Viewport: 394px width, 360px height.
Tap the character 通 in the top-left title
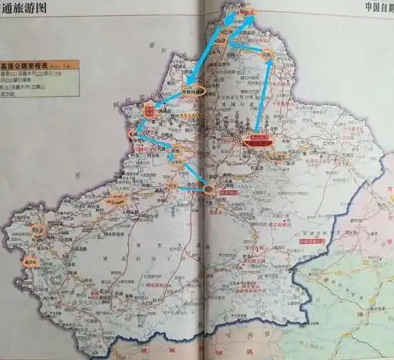click(7, 9)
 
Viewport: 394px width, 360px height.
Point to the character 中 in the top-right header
click(369, 8)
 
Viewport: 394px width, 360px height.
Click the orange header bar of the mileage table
click(40, 65)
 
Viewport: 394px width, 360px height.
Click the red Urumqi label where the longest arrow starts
click(259, 140)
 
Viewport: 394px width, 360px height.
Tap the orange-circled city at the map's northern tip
click(247, 12)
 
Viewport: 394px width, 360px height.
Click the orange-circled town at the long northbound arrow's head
click(267, 55)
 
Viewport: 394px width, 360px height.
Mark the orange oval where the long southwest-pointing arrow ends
click(194, 91)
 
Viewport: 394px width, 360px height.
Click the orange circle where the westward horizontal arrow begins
click(209, 190)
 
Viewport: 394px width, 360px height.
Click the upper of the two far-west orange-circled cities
click(38, 230)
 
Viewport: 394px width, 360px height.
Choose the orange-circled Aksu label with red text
click(116, 202)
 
